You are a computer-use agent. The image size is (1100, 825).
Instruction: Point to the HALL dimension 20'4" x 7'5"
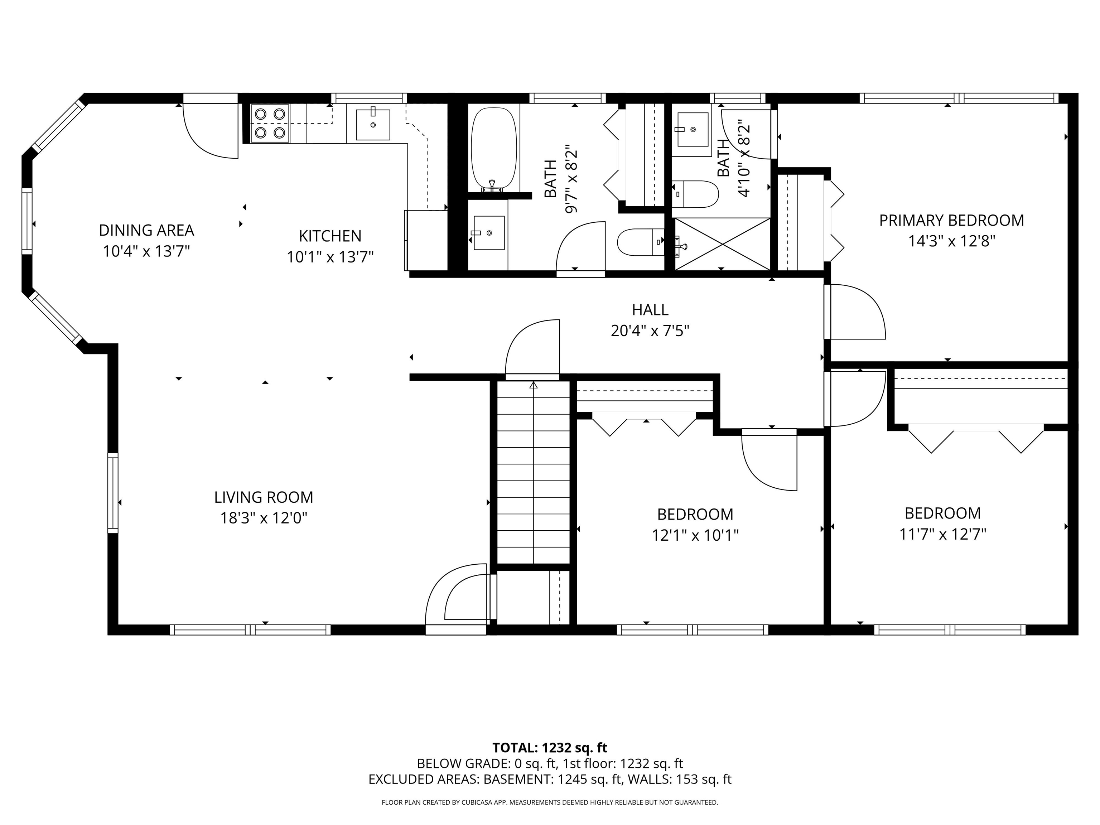[650, 331]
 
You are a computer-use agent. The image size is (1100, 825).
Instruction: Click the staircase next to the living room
[534, 472]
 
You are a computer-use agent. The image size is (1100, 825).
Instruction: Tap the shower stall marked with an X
[721, 244]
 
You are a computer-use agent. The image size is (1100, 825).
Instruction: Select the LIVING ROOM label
[264, 497]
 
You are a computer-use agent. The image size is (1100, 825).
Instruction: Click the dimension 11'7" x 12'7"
[942, 535]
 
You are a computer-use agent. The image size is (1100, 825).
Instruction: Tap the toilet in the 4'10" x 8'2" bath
[696, 194]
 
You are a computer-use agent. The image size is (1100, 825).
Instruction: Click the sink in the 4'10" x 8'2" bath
[692, 129]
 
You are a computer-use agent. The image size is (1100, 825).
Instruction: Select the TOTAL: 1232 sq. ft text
[550, 747]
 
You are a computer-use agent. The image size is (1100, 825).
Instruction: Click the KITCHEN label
[330, 236]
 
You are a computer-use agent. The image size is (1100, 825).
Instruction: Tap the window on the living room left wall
[113, 493]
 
